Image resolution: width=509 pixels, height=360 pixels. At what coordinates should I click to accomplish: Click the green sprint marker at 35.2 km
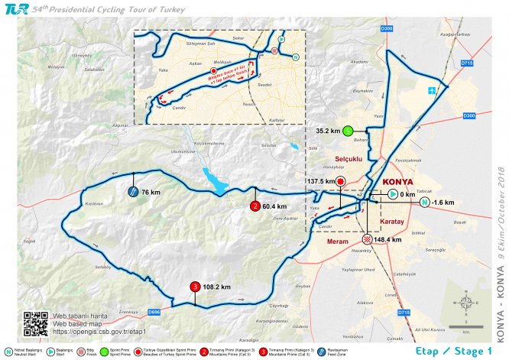coord(347,131)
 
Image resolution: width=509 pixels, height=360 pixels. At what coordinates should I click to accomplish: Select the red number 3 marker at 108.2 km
coord(196,287)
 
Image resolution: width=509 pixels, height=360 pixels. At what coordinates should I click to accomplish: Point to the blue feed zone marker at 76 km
coord(133,193)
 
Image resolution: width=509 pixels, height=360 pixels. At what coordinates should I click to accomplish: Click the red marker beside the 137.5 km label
coord(341,181)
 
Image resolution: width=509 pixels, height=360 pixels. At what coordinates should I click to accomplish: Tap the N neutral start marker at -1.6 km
coord(425,203)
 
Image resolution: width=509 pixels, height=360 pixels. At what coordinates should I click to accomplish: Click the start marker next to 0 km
coord(391,195)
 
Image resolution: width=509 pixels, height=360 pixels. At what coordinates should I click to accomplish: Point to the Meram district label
coord(337,242)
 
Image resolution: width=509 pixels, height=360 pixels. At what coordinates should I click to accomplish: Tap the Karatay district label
coord(392,221)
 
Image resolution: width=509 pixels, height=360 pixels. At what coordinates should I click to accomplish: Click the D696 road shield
coord(154,311)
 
